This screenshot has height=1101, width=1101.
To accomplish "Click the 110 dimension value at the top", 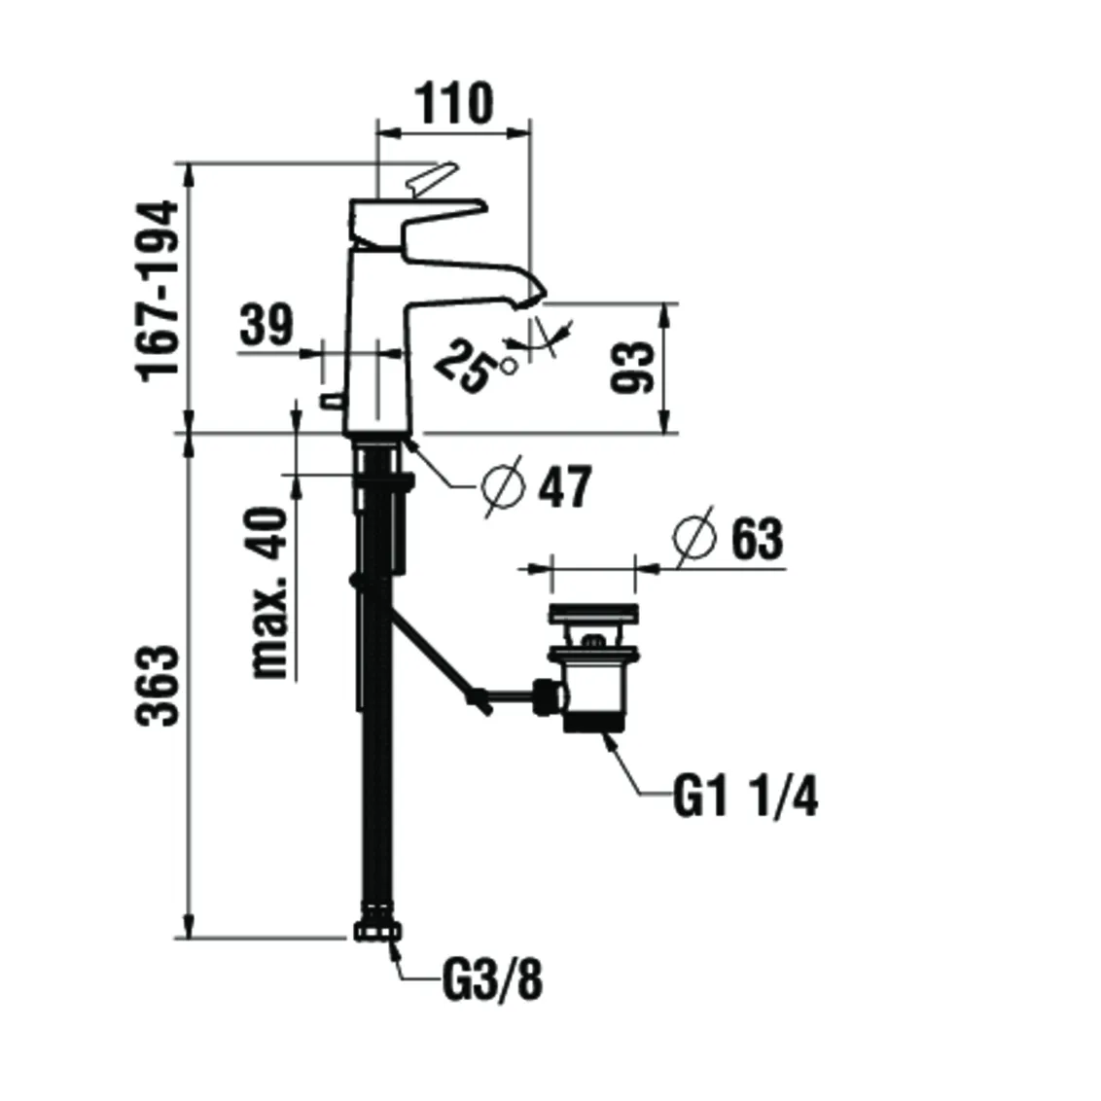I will tap(454, 103).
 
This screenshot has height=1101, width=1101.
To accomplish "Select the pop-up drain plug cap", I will tap(592, 615).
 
